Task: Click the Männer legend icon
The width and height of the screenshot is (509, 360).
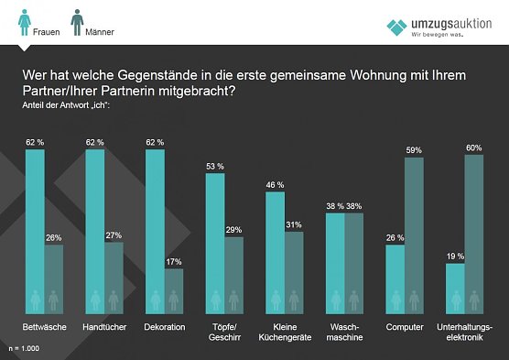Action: click(x=78, y=20)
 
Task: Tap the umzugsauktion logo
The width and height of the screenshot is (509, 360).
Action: click(x=440, y=27)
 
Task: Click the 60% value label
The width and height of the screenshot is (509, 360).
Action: click(x=474, y=147)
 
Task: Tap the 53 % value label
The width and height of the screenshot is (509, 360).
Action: click(x=214, y=166)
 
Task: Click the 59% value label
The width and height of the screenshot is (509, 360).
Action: click(x=414, y=150)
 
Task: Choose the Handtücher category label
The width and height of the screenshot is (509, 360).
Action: click(x=103, y=327)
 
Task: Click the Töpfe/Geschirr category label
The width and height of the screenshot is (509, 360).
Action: click(x=224, y=332)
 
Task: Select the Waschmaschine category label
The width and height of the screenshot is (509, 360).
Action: click(x=344, y=332)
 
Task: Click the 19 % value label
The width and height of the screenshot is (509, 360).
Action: click(x=455, y=256)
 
